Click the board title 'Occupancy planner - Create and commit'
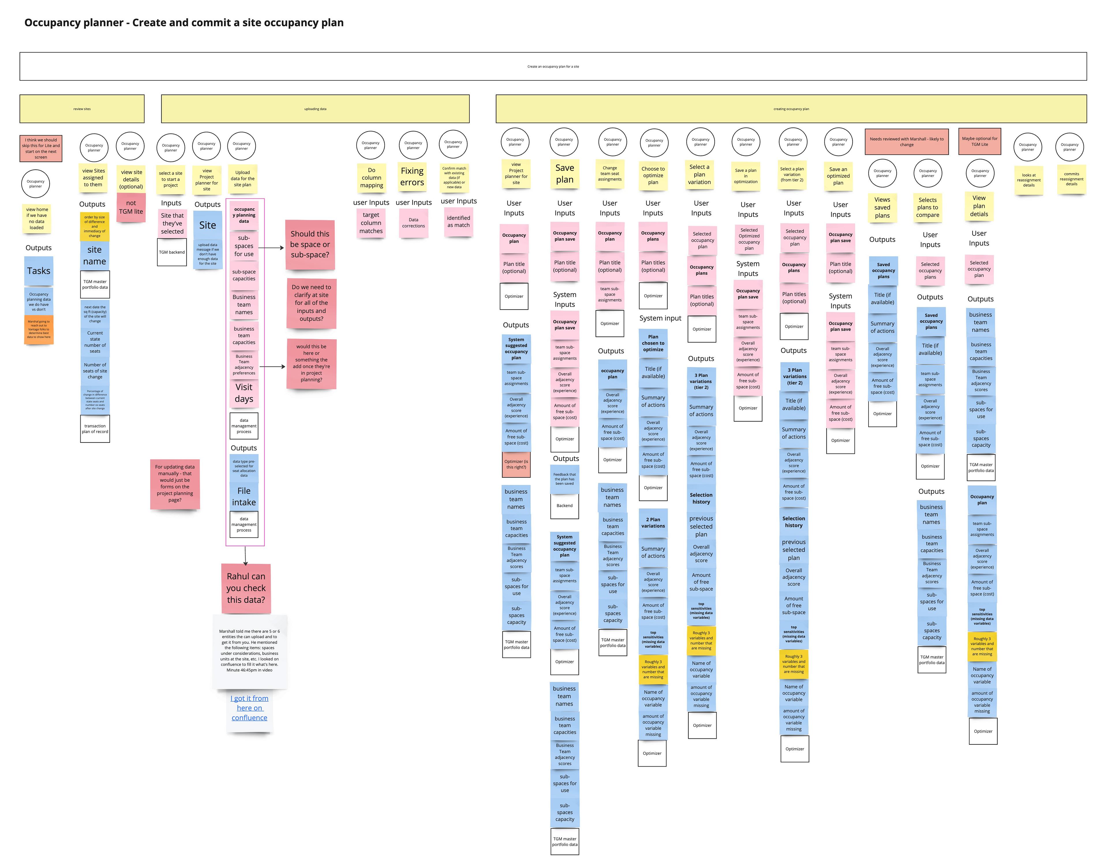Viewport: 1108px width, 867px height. (184, 23)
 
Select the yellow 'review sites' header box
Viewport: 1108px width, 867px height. (82, 109)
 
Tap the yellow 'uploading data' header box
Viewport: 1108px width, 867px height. (315, 109)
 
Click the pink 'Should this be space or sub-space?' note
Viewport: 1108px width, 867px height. (310, 245)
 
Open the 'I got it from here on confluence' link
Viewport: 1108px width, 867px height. (249, 708)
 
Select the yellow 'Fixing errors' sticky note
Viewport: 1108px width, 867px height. (412, 177)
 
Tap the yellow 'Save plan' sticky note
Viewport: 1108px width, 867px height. (564, 174)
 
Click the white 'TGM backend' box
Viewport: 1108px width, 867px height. (172, 252)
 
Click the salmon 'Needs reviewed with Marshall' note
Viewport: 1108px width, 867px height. (907, 142)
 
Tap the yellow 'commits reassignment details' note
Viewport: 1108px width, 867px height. (1071, 179)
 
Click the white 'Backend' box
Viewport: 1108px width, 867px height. (564, 505)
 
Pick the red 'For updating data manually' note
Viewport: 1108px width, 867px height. (175, 483)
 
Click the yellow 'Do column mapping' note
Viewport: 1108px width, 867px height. (372, 178)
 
